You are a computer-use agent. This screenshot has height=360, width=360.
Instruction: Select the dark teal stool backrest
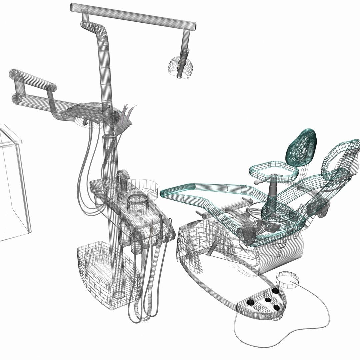tap(301, 148)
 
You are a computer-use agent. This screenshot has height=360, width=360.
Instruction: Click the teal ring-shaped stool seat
tap(273, 170)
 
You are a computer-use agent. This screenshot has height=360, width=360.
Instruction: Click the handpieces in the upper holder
tap(126, 117)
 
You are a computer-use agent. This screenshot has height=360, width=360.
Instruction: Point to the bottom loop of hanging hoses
tap(140, 317)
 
